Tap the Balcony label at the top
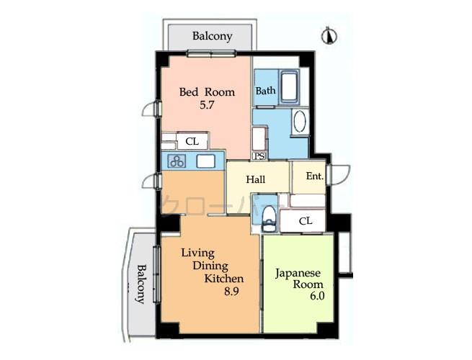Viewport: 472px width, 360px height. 212,36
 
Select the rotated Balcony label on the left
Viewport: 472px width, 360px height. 142,284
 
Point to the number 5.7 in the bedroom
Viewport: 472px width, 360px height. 207,105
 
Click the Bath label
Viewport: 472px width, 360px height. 264,91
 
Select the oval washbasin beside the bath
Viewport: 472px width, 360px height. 300,121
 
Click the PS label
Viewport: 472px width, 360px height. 258,156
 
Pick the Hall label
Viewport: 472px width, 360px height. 256,180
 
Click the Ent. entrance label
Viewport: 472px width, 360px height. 314,176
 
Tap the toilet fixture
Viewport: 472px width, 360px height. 269,215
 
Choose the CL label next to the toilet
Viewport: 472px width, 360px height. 305,221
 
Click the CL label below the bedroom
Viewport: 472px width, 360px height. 192,142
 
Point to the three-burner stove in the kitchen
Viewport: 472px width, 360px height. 177,161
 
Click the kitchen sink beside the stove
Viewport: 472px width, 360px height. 205,161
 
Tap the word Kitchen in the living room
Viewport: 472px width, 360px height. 223,279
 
